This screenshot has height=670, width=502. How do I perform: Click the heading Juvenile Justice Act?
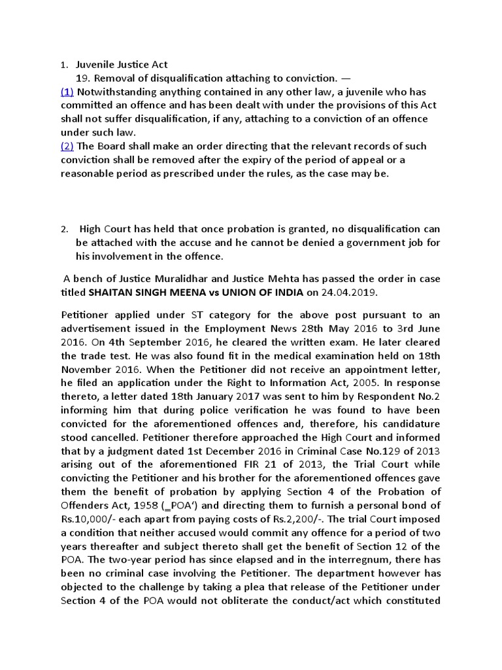[x=122, y=65]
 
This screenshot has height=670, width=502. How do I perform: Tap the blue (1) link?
[x=67, y=92]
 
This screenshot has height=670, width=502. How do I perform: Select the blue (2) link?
[x=67, y=146]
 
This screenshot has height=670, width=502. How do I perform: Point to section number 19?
[x=84, y=79]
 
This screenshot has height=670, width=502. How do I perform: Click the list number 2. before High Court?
[x=64, y=230]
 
